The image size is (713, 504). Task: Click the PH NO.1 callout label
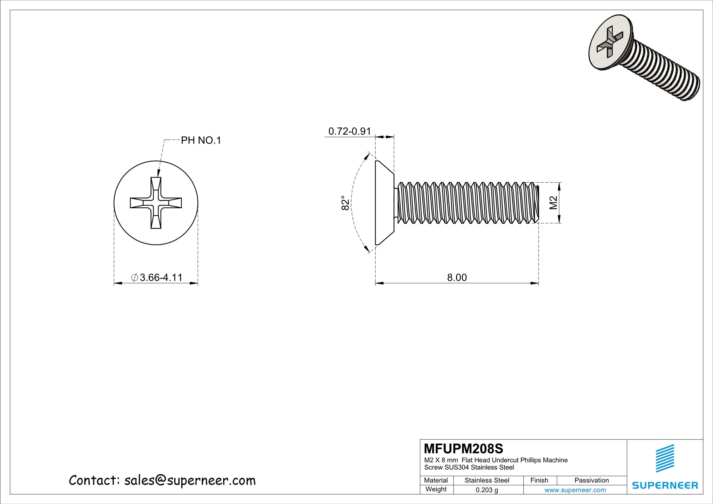(x=201, y=140)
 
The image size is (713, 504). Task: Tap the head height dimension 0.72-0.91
(x=349, y=131)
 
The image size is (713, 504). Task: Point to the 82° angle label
(x=346, y=203)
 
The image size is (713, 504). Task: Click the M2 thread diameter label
(x=554, y=203)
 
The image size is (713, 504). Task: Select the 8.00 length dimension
(x=457, y=278)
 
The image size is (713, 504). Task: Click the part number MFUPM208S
(x=463, y=449)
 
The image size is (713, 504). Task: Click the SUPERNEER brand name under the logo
(x=665, y=485)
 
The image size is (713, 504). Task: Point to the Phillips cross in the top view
(x=156, y=203)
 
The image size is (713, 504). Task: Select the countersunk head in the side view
(x=384, y=203)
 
